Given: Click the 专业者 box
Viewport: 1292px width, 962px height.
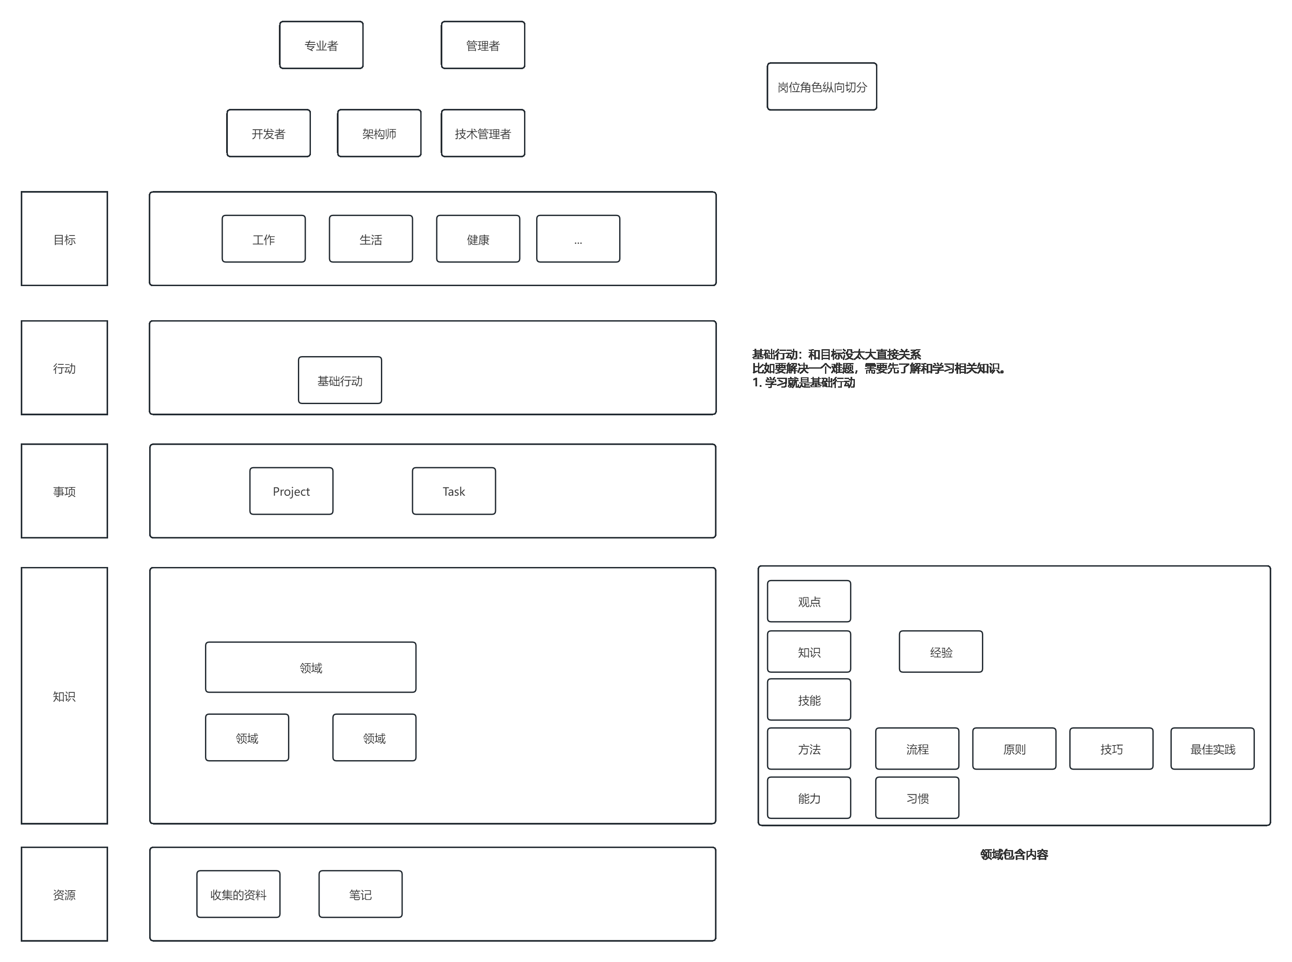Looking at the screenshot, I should coord(321,45).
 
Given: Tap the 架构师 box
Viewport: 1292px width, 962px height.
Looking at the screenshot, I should coord(379,134).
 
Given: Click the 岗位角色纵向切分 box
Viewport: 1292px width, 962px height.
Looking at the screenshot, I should coord(821,87).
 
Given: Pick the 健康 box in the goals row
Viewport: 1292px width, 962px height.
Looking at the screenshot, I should coord(478,239).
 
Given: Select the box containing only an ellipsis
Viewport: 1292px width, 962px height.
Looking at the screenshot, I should coord(578,239).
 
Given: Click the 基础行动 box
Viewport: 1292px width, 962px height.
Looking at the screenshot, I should coord(339,380).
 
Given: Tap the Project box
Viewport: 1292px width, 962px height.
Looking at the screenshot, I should coord(291,491).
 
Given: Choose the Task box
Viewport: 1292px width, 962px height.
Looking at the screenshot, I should coord(454,491).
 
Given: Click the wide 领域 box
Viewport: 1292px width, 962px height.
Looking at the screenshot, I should coord(310,667).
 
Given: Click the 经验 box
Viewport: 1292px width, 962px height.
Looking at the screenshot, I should coord(941,652).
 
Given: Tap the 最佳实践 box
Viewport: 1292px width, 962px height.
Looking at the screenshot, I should coord(1212,749).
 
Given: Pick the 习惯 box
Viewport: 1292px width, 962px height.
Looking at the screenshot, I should coord(917,798).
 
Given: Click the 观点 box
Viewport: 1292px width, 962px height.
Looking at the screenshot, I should coord(809,602).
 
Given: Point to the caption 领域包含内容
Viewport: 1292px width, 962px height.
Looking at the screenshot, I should coord(1014,854).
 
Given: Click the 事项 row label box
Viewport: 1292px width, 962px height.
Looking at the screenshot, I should coord(64,491).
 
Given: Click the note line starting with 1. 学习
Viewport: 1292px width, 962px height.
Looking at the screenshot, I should coord(804,382).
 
